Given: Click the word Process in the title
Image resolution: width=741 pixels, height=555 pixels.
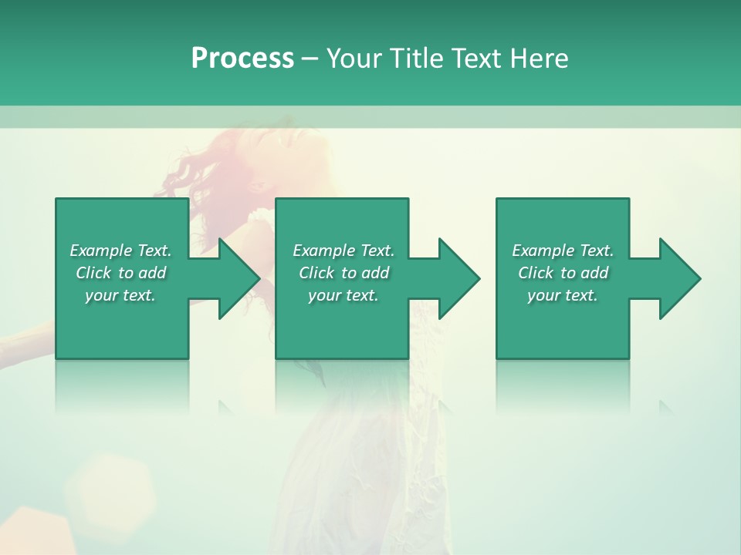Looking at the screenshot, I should click(242, 59).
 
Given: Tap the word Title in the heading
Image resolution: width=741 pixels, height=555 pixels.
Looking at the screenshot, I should click(412, 59).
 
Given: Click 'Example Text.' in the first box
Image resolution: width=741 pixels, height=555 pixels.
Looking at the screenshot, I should click(120, 251).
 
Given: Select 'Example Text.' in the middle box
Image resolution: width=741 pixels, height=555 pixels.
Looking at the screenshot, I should click(343, 251).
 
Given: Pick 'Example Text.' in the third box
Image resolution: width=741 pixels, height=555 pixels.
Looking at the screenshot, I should click(563, 251).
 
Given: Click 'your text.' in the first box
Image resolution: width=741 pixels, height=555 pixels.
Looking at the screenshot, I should click(120, 295).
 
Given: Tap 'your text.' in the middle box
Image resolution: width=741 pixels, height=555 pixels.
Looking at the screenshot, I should click(343, 295).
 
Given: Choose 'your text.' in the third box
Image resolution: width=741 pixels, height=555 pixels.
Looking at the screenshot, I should click(563, 295).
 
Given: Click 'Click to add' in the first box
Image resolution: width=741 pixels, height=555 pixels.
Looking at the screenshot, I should click(120, 273).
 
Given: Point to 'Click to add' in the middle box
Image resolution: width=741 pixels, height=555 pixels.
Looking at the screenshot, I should click(343, 273).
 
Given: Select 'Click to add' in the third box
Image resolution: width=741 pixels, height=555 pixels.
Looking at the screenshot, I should click(563, 273).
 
